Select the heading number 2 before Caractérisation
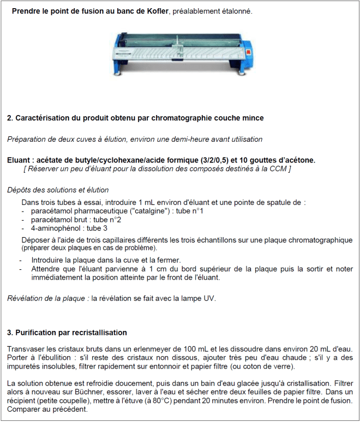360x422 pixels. pyautogui.click(x=10, y=118)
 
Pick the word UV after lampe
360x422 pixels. pyautogui.click(x=209, y=298)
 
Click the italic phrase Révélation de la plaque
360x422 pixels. pyautogui.click(x=47, y=298)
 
